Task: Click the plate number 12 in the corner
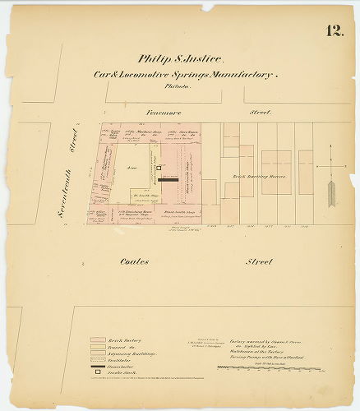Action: (x=335, y=32)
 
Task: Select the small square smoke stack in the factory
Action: (x=159, y=169)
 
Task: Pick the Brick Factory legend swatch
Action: (x=97, y=338)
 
